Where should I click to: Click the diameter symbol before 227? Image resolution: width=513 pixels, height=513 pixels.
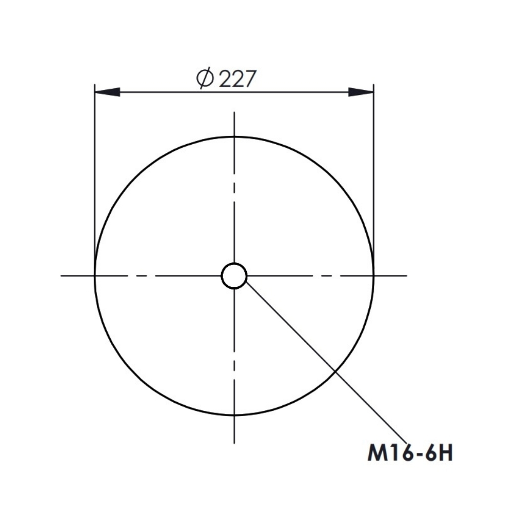(x=205, y=79)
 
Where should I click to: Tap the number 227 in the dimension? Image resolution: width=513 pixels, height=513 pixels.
(x=236, y=79)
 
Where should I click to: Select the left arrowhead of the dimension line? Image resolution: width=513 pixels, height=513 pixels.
(x=107, y=92)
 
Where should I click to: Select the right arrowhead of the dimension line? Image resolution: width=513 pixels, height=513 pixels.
(x=361, y=92)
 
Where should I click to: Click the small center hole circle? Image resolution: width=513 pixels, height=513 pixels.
(x=234, y=263)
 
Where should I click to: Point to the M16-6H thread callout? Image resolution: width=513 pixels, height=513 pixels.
(x=410, y=453)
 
